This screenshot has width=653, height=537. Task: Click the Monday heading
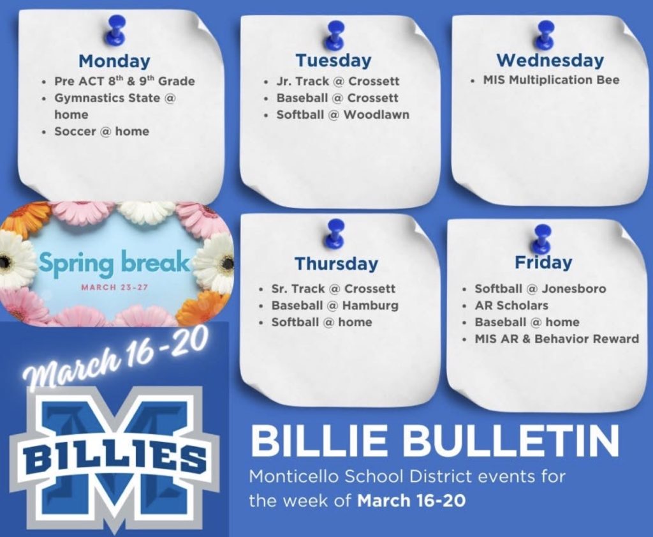[114, 61]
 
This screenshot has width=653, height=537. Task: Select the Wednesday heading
[550, 60]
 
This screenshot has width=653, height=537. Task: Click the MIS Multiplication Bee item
[551, 80]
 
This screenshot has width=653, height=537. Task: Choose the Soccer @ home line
[101, 132]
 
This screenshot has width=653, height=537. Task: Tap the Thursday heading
[337, 264]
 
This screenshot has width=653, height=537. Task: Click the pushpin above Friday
[543, 238]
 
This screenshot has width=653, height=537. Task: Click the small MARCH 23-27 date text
[115, 287]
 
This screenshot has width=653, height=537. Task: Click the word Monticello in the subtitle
[293, 476]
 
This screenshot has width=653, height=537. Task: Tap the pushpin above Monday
[115, 30]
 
